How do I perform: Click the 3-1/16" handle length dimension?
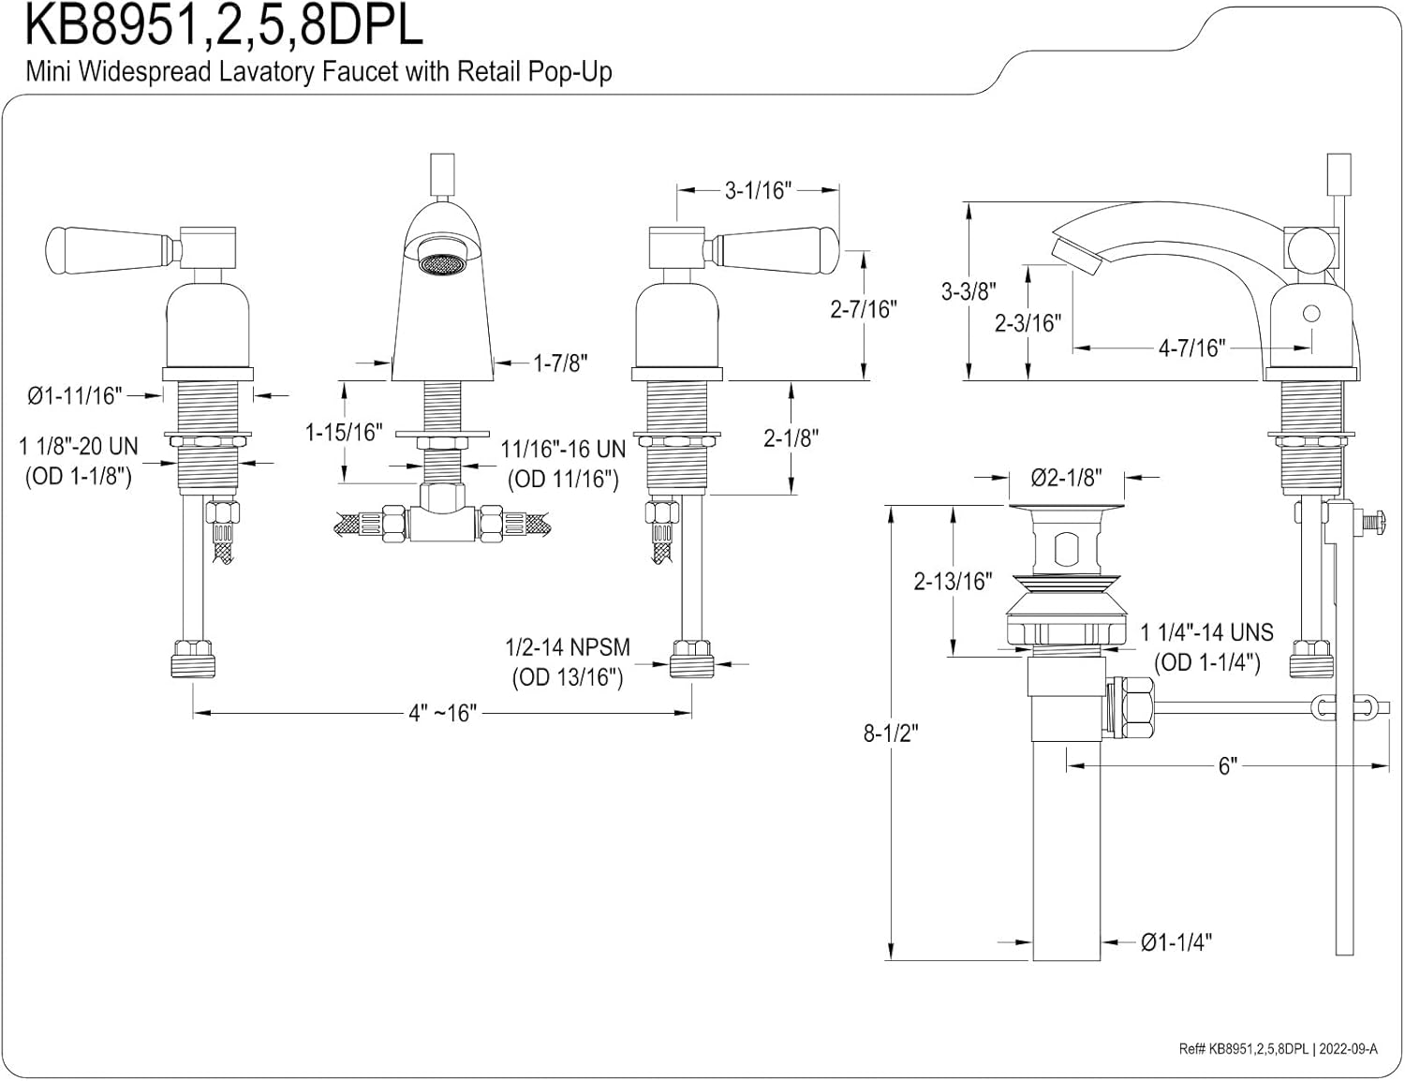758,190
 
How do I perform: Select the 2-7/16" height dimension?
864,308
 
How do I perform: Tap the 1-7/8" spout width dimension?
560,363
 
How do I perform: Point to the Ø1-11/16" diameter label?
75,396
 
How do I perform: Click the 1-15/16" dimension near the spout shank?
344,432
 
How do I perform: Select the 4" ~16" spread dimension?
442,713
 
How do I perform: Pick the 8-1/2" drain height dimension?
890,733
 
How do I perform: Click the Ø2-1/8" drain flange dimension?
1066,478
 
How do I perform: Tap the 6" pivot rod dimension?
1227,765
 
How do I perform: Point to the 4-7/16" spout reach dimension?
1191,348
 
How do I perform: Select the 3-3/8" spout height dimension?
969,291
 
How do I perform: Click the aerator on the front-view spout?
441,264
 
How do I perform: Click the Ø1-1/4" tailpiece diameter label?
1176,942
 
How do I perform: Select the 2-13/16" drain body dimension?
953,581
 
